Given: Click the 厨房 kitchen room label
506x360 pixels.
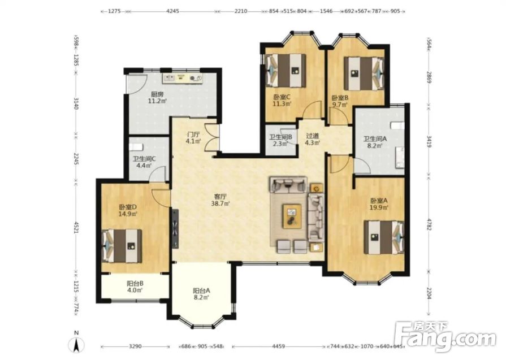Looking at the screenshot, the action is click(x=157, y=94).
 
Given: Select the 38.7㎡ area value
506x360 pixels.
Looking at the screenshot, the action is click(x=220, y=203).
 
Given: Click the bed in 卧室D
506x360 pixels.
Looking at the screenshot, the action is click(x=122, y=246).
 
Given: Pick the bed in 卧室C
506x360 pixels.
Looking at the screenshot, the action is click(x=286, y=70).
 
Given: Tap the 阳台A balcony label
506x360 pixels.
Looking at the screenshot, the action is click(x=201, y=290).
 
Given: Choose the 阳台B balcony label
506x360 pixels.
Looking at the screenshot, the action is click(x=135, y=284).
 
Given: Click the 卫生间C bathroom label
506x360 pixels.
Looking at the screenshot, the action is click(x=145, y=159).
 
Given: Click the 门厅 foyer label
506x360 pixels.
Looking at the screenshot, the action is click(x=193, y=134).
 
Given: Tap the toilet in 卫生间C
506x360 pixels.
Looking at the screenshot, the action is click(x=136, y=147).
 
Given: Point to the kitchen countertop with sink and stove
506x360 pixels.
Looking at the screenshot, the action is click(x=183, y=78).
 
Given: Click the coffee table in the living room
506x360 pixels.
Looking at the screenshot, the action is click(x=292, y=216).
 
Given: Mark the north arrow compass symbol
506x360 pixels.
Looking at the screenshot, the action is click(x=77, y=343).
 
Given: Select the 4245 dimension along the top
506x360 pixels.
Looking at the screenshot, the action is click(x=172, y=11).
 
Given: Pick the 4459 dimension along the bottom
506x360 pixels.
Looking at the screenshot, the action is click(x=279, y=346).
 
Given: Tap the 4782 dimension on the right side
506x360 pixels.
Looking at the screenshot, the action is click(x=429, y=224).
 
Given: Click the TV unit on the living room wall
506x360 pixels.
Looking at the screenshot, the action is click(x=175, y=229).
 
